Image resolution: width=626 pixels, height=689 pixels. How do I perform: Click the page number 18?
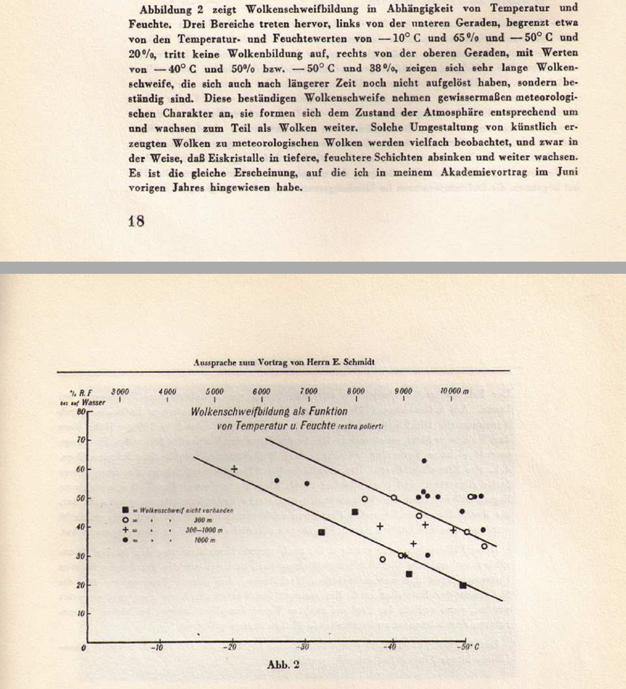point(136,221)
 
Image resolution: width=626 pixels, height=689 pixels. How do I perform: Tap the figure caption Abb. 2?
point(283,665)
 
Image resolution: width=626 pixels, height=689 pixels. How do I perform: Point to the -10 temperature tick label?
point(157,647)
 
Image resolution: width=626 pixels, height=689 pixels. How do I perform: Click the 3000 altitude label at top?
point(119,392)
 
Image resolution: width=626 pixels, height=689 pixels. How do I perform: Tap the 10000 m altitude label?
point(454,392)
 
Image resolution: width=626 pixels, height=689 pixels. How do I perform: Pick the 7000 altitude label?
point(308,392)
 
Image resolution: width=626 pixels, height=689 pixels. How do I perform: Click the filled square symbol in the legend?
point(125,510)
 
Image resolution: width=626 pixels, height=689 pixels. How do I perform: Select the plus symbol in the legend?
point(125,530)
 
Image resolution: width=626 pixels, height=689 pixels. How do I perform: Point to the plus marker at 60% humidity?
point(234,469)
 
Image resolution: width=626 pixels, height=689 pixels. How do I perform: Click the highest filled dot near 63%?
point(424,460)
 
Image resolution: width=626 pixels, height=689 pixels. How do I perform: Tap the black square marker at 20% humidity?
point(463,585)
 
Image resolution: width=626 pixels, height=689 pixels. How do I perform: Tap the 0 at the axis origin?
point(84,647)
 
